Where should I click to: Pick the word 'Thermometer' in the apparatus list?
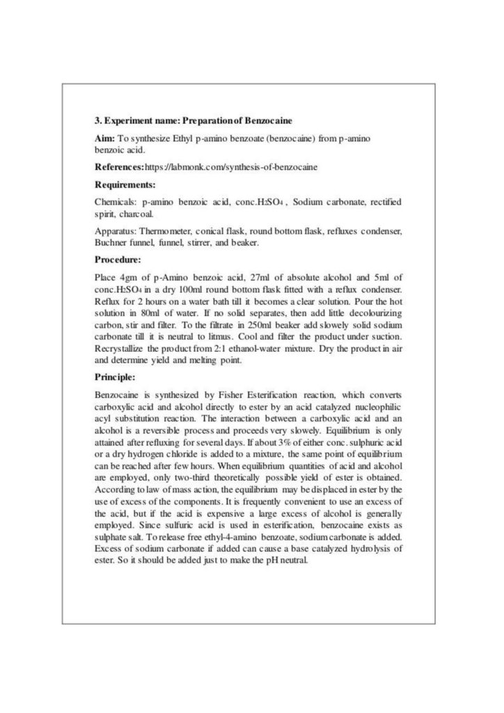[166, 230]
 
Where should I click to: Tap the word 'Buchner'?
[110, 242]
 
